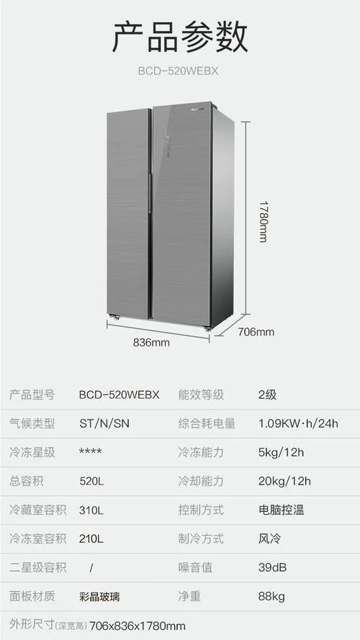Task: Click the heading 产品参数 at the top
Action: (180, 37)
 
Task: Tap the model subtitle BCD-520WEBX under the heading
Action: (178, 71)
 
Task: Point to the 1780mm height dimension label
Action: (264, 221)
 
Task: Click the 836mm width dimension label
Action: (151, 343)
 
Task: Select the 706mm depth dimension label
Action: (256, 332)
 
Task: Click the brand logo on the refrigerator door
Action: (199, 109)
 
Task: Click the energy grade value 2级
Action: (267, 395)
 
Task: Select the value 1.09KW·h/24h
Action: (298, 423)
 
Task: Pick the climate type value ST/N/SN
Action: (104, 423)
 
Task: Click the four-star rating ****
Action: (91, 451)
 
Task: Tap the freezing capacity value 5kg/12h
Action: (282, 452)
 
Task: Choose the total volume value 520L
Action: (91, 481)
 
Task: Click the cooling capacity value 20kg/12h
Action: (284, 481)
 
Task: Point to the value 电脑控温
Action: (282, 510)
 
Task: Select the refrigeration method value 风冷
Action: (270, 538)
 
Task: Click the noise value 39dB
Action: (272, 567)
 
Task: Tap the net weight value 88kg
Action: (271, 596)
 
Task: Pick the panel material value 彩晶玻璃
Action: (99, 597)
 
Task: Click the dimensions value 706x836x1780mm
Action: (137, 626)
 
